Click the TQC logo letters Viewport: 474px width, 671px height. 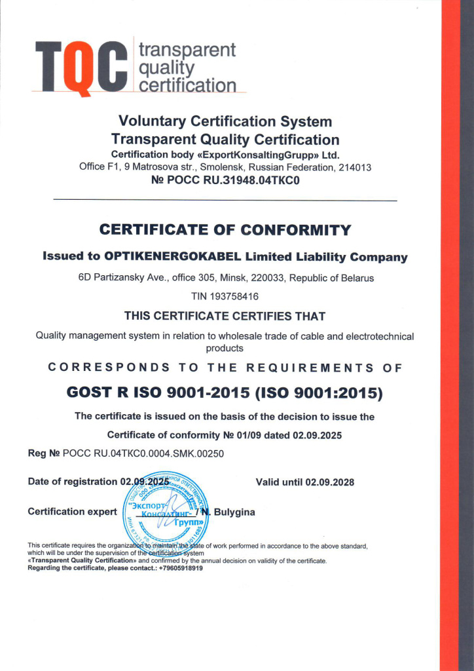[x=80, y=67]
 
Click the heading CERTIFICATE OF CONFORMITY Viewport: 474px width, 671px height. [x=225, y=230]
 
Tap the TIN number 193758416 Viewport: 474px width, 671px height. [x=234, y=296]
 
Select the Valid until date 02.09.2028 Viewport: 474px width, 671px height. [x=329, y=482]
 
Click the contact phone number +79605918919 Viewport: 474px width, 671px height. [x=181, y=568]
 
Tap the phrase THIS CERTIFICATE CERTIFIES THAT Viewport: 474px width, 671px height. [x=225, y=316]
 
